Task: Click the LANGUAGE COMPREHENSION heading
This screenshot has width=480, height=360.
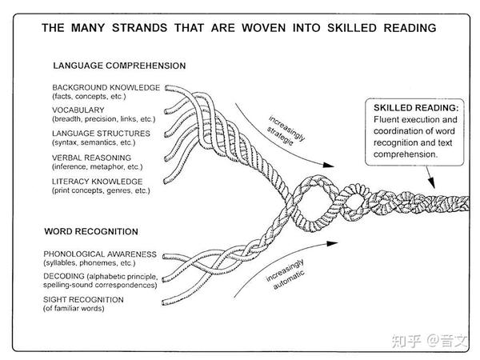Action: click(x=119, y=66)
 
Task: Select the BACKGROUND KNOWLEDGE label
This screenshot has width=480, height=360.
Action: click(x=106, y=86)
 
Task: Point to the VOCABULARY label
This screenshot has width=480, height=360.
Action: click(x=79, y=109)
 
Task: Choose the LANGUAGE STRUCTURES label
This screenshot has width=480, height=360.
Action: click(x=101, y=132)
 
